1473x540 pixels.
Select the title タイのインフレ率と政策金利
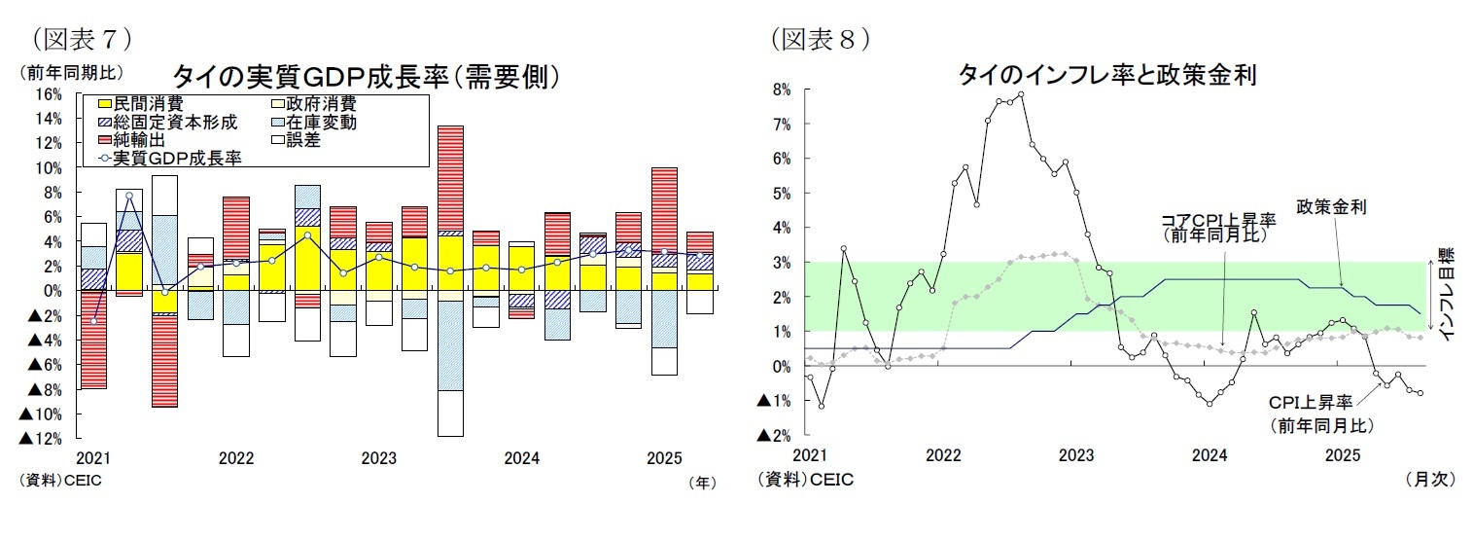[x=1108, y=75]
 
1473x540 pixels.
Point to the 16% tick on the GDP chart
[x=48, y=94]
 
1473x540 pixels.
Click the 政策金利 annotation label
[x=1331, y=207]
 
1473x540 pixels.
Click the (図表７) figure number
[x=82, y=39]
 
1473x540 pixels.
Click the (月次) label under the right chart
[x=1429, y=479]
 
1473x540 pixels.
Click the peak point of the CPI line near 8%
[x=1020, y=94]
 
